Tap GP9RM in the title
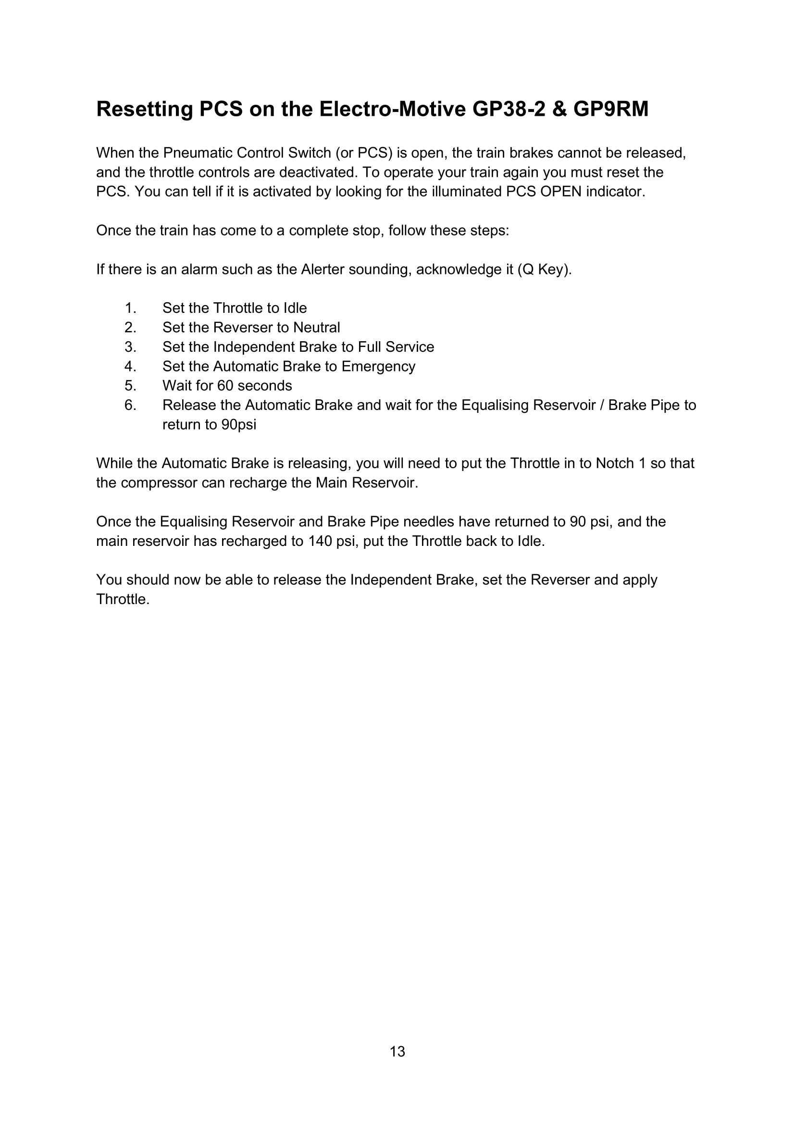610,109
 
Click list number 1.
130,309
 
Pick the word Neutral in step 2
316,328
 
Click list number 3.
130,347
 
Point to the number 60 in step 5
225,386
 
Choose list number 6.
130,406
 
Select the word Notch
615,464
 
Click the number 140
320,542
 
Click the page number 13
397,1052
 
